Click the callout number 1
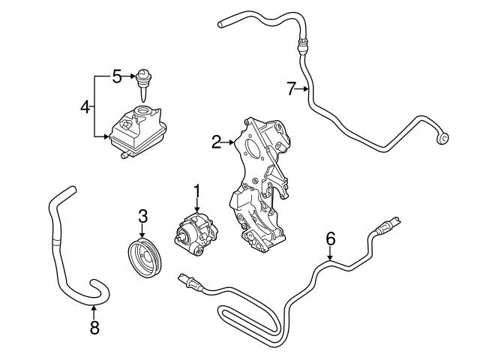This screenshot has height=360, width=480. tap(197, 193)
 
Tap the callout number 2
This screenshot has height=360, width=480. tap(216, 142)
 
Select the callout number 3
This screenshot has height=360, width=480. tap(143, 217)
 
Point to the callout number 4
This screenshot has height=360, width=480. tap(85, 106)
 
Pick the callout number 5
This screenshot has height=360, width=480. tap(116, 76)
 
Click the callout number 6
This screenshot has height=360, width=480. tap(330, 239)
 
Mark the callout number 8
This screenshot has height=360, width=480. tap(94, 327)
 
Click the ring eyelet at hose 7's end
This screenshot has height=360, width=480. tap(444, 137)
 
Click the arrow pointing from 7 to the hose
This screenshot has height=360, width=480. tap(304, 89)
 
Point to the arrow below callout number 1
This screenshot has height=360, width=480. tap(197, 210)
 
